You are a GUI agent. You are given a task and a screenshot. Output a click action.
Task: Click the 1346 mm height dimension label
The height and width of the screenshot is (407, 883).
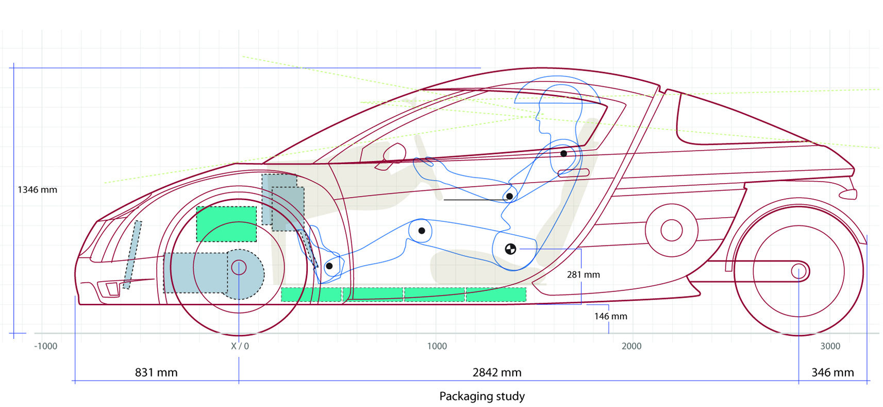[x=38, y=190]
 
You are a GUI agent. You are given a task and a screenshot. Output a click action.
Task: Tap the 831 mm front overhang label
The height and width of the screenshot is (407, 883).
[x=156, y=372]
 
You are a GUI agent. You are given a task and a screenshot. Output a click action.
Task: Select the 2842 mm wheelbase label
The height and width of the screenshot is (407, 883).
[x=497, y=372]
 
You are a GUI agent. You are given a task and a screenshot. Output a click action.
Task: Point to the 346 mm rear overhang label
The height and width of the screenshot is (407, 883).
[x=832, y=372]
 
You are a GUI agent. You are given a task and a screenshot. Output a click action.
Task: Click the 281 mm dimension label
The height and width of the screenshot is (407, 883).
[x=584, y=274]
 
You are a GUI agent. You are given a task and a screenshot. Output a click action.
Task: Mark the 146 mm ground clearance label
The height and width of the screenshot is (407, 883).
[x=611, y=316]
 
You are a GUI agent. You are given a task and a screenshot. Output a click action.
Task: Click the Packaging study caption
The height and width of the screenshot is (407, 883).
[x=482, y=396]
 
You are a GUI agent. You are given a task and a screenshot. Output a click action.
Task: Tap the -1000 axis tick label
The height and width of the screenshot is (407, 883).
[x=46, y=346]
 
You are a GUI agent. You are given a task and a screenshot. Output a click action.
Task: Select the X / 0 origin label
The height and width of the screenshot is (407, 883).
[x=240, y=346]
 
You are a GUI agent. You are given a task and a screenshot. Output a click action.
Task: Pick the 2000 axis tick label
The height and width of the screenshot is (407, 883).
[x=631, y=346]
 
